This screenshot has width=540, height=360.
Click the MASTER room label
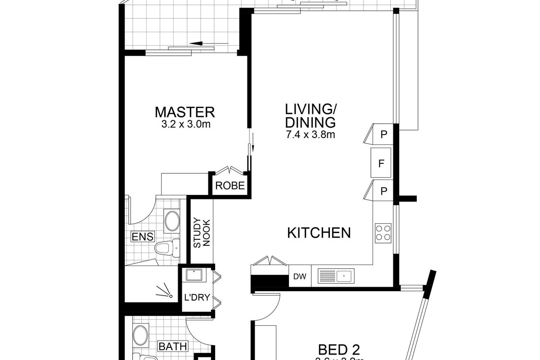185,112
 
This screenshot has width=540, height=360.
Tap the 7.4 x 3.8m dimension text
310,134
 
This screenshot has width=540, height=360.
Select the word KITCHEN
319,233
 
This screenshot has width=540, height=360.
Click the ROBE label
230,185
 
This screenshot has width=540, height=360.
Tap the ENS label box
142,237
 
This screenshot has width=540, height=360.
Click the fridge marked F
381,163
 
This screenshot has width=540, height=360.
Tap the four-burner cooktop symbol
383,233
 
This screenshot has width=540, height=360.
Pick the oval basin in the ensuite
171,221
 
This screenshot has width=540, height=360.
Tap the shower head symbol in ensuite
166,292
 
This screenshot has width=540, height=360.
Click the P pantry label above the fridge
383,134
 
